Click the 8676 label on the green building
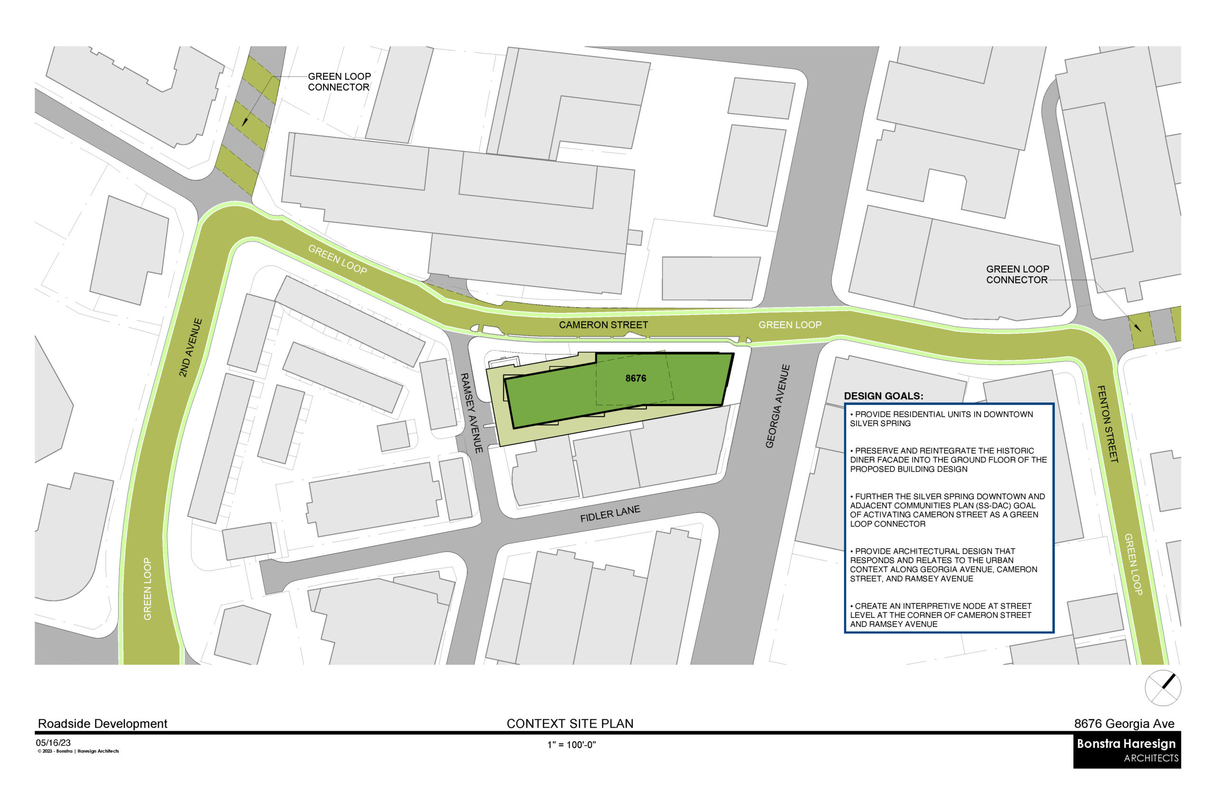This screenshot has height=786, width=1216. click(636, 378)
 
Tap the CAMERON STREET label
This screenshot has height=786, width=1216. click(603, 325)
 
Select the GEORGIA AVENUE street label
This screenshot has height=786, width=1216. click(777, 406)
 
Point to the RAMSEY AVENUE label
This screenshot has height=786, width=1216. click(471, 413)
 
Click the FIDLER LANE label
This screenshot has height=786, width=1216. click(610, 514)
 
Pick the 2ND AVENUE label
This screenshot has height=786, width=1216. click(190, 347)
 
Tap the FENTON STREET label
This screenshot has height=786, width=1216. click(1107, 424)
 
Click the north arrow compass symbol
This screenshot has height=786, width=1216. click(1162, 688)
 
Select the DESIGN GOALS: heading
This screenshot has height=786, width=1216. click(883, 396)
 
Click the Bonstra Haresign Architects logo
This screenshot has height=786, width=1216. click(1127, 750)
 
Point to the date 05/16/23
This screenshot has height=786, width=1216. click(53, 743)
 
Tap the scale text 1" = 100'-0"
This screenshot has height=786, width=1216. click(571, 745)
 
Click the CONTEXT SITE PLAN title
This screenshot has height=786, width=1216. click(570, 724)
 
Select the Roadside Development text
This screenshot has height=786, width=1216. click(103, 724)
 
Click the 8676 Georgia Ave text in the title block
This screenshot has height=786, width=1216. click(1123, 724)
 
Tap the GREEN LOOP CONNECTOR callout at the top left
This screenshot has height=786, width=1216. click(339, 82)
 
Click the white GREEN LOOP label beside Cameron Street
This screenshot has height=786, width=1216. click(789, 325)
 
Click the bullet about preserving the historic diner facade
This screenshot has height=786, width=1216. click(948, 460)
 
